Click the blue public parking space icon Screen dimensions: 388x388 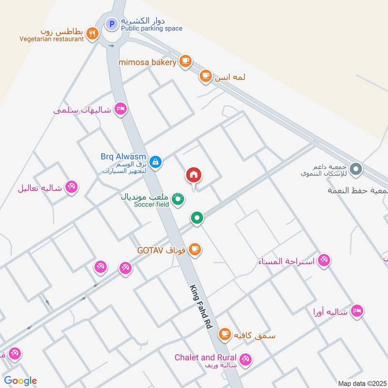pyautogui.click(x=112, y=23)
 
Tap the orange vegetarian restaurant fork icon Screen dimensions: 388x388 pyautogui.click(x=92, y=33)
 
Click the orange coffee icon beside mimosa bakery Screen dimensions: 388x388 pyautogui.click(x=185, y=61)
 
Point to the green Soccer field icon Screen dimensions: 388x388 pyautogui.click(x=178, y=199)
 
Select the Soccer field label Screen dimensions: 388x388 pyautogui.click(x=151, y=204)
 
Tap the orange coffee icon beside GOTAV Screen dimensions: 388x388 pyautogui.click(x=195, y=250)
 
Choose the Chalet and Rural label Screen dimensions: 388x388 pyautogui.click(x=206, y=358)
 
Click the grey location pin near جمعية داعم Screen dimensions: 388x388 pyautogui.click(x=356, y=169)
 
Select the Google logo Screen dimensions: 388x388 pyautogui.click(x=20, y=381)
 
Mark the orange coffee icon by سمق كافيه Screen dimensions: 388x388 pyautogui.click(x=224, y=334)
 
